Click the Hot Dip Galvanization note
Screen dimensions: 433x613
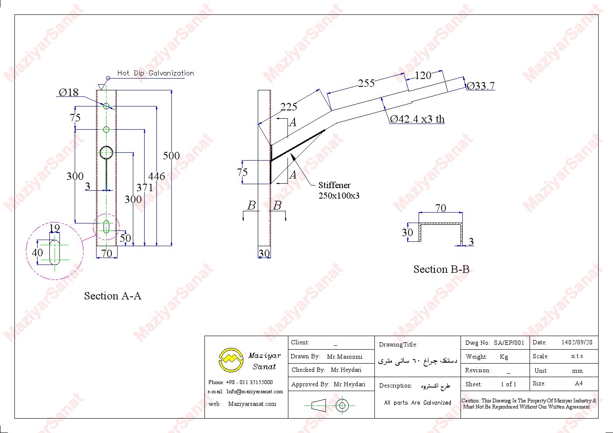155,73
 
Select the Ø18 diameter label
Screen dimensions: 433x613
69,92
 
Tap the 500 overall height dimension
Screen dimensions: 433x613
171,156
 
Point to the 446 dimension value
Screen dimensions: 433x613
156,176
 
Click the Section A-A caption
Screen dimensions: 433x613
113,296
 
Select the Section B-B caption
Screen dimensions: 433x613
441,269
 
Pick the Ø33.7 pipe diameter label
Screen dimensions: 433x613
481,86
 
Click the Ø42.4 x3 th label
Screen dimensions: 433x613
417,119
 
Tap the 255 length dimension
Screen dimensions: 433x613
366,83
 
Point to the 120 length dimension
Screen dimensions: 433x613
423,76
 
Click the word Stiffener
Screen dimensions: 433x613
334,185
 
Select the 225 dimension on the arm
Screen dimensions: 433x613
288,107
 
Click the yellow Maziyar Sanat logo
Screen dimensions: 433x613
231,360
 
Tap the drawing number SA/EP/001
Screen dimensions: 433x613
509,343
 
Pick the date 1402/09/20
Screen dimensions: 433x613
577,343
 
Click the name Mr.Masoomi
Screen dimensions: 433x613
345,357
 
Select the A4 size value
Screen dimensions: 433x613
578,383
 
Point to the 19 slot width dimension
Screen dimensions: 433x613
54,228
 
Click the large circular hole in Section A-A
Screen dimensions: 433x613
107,152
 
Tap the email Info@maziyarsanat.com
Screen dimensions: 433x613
254,392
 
